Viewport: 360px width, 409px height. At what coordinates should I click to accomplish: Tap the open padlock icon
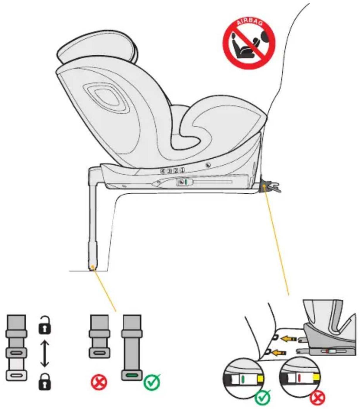click(45, 325)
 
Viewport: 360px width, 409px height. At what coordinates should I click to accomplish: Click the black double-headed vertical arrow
click(45, 354)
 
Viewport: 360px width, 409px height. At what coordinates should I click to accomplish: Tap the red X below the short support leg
click(99, 382)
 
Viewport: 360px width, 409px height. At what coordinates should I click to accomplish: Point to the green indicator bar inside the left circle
click(243, 379)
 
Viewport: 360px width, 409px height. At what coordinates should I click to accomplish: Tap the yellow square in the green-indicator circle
click(260, 379)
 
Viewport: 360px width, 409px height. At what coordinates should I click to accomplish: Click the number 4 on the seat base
click(163, 171)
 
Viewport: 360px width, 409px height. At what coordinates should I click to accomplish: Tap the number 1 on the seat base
click(182, 170)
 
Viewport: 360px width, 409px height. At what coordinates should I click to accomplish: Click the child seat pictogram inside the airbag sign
click(243, 47)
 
